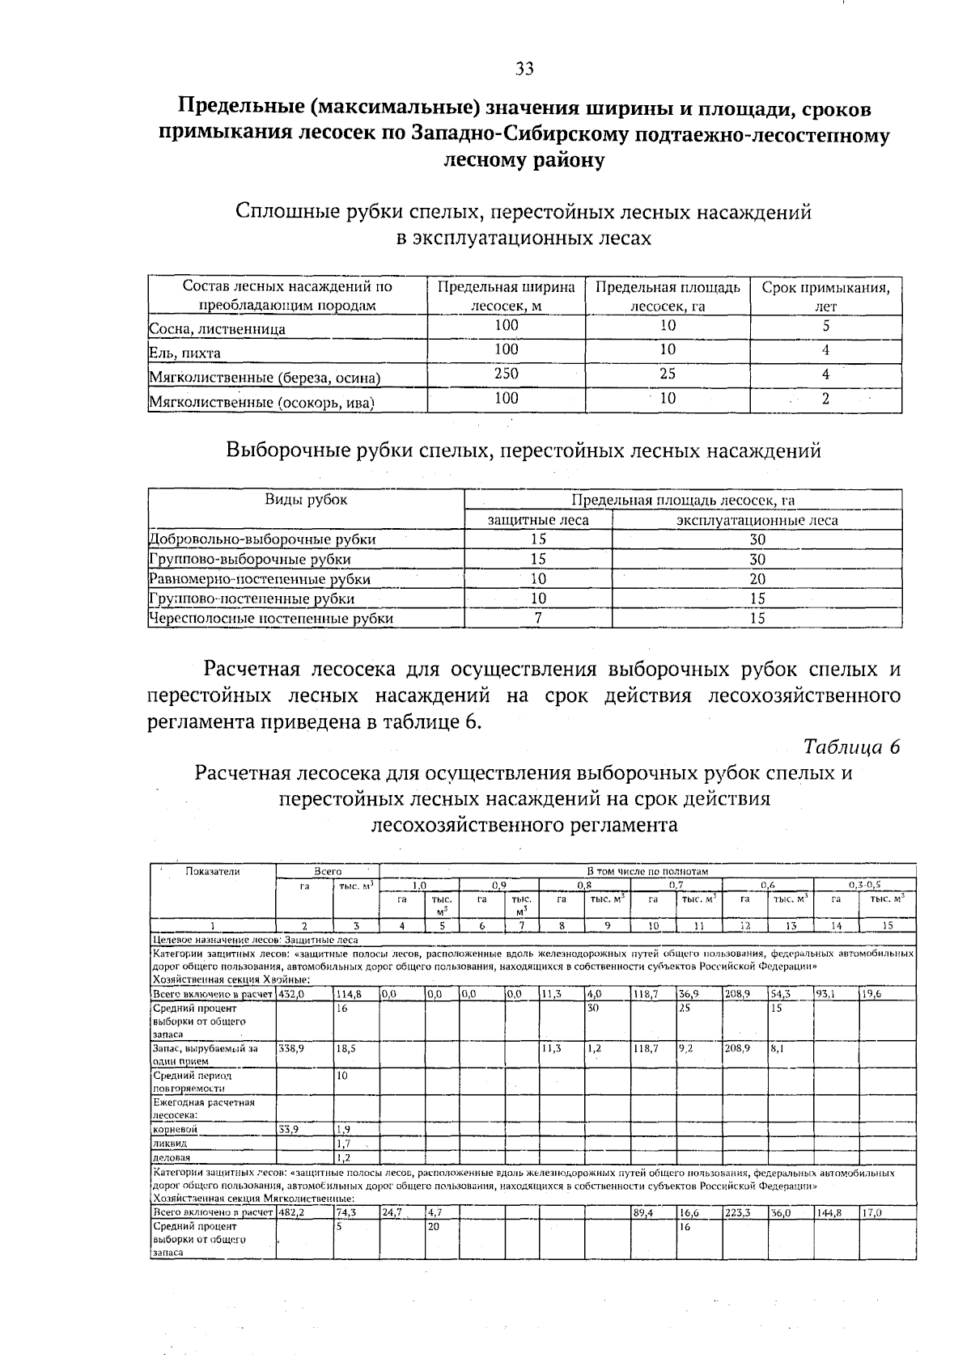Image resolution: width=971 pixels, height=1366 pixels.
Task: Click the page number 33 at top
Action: coord(524,70)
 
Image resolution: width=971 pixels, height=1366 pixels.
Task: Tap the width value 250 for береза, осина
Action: coord(507,374)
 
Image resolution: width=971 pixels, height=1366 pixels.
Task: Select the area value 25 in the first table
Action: coord(668,374)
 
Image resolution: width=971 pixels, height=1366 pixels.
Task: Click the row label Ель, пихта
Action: coord(185,353)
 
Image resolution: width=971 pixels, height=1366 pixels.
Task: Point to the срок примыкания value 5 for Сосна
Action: coord(825,326)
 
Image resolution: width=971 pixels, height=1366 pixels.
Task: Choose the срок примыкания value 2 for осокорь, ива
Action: coord(825,399)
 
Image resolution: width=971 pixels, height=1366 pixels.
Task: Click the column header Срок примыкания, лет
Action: coord(825,296)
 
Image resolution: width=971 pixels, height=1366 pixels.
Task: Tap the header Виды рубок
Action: coord(306,500)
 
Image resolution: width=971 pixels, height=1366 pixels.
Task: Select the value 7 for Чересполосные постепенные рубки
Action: coord(538,619)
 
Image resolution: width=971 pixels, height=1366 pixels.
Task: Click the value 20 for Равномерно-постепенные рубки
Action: coord(757,579)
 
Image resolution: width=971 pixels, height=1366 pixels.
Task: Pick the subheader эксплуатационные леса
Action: coord(757,521)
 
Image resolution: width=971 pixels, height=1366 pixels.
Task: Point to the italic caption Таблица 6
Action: coord(852,746)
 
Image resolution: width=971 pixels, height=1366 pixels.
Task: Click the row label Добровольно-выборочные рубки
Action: coord(264,539)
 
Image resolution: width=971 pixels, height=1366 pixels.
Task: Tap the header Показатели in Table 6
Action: coord(213,871)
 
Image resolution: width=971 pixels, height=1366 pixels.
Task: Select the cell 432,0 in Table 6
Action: coord(290,994)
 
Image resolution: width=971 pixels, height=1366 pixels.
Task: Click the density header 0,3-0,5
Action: coord(863,885)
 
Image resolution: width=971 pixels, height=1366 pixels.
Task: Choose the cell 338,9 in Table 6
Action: coord(290,1047)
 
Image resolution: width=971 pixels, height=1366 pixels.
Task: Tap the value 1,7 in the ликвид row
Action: coord(343,1143)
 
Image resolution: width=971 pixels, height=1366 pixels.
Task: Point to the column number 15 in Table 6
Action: coord(887,925)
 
